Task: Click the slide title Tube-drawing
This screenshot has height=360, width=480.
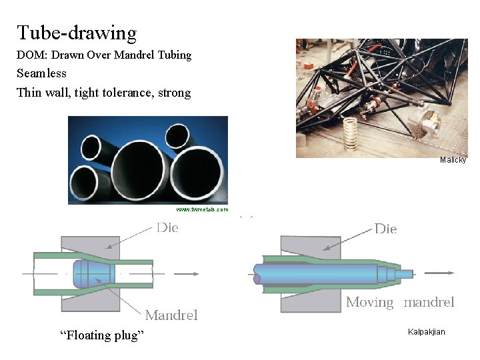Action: [77, 33]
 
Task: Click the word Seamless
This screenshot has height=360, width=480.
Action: [41, 73]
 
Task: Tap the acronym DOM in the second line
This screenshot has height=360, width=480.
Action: [30, 55]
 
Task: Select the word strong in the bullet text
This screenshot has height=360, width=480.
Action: [174, 93]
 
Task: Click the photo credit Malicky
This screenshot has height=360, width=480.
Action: [453, 160]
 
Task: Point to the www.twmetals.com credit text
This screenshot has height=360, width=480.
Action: [202, 209]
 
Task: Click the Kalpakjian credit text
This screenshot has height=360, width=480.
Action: [426, 332]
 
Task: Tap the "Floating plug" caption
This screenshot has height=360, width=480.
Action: [101, 335]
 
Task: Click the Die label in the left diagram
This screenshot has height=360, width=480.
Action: [168, 228]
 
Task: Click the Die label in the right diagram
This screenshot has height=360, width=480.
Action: [385, 229]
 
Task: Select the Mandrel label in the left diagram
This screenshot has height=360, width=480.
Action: [171, 315]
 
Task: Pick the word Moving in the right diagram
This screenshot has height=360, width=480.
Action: [370, 303]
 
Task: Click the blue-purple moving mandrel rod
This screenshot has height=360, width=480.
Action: [313, 273]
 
